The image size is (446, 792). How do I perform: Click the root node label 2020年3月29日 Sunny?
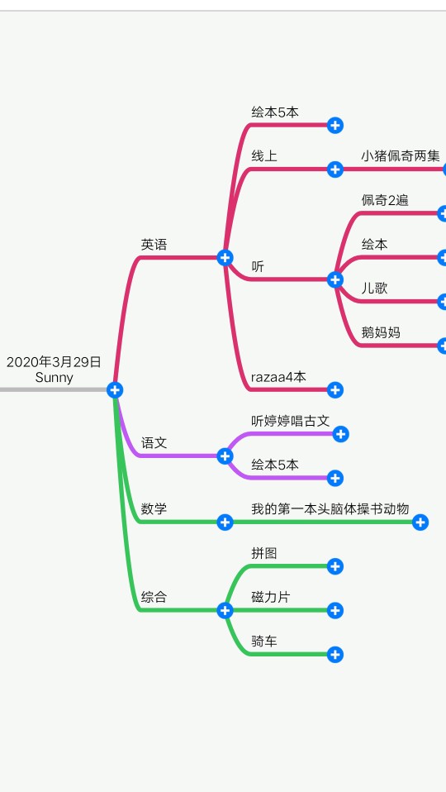[x=54, y=370]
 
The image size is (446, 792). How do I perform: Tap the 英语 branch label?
[x=154, y=245]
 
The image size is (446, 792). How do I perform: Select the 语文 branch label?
[x=154, y=443]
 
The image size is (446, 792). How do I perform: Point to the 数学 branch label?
[x=154, y=508]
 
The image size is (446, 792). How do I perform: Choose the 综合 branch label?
[x=154, y=597]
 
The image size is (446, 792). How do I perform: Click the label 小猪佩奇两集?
[x=401, y=156]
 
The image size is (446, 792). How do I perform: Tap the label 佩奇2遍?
[x=385, y=201]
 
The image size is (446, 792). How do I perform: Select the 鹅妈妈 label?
[x=381, y=332]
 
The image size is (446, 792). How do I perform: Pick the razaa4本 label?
[x=278, y=377]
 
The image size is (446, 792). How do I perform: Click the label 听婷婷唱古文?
[x=291, y=421]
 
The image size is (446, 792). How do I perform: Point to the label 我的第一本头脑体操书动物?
[x=330, y=508]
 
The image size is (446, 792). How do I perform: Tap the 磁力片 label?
[x=271, y=597]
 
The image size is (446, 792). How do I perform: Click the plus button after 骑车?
[x=335, y=655]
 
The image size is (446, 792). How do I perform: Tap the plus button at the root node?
[x=115, y=390]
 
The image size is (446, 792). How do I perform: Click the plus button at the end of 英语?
[x=225, y=258]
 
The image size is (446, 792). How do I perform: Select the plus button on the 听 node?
[x=335, y=279]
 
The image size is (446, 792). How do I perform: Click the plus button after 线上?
[x=335, y=169]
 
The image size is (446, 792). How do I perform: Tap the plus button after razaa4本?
[x=335, y=390]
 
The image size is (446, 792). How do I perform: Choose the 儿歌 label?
[x=374, y=289]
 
